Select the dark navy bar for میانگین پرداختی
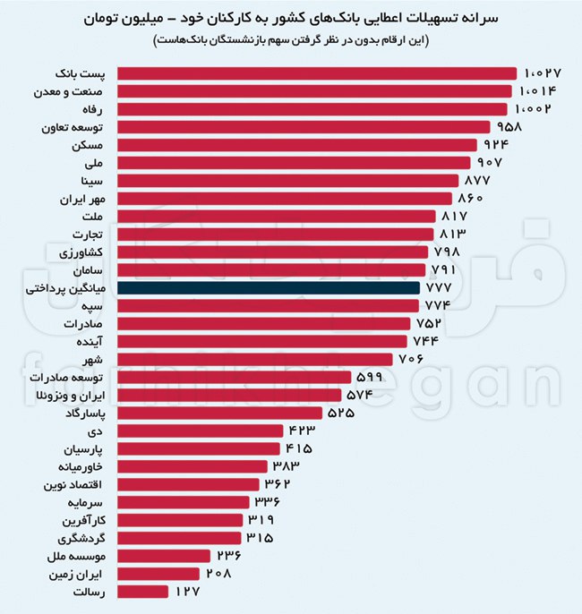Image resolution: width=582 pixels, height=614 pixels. (x=269, y=288)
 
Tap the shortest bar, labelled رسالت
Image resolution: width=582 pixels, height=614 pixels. (x=142, y=591)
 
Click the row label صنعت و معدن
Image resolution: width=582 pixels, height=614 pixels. (x=76, y=91)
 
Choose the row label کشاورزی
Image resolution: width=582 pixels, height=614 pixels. (x=86, y=252)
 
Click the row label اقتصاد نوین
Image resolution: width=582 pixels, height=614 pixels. (x=75, y=484)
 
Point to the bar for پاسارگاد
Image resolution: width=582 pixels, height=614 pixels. (x=224, y=413)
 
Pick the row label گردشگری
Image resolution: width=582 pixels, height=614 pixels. (x=82, y=538)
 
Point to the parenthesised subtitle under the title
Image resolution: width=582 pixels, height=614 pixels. (x=291, y=41)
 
